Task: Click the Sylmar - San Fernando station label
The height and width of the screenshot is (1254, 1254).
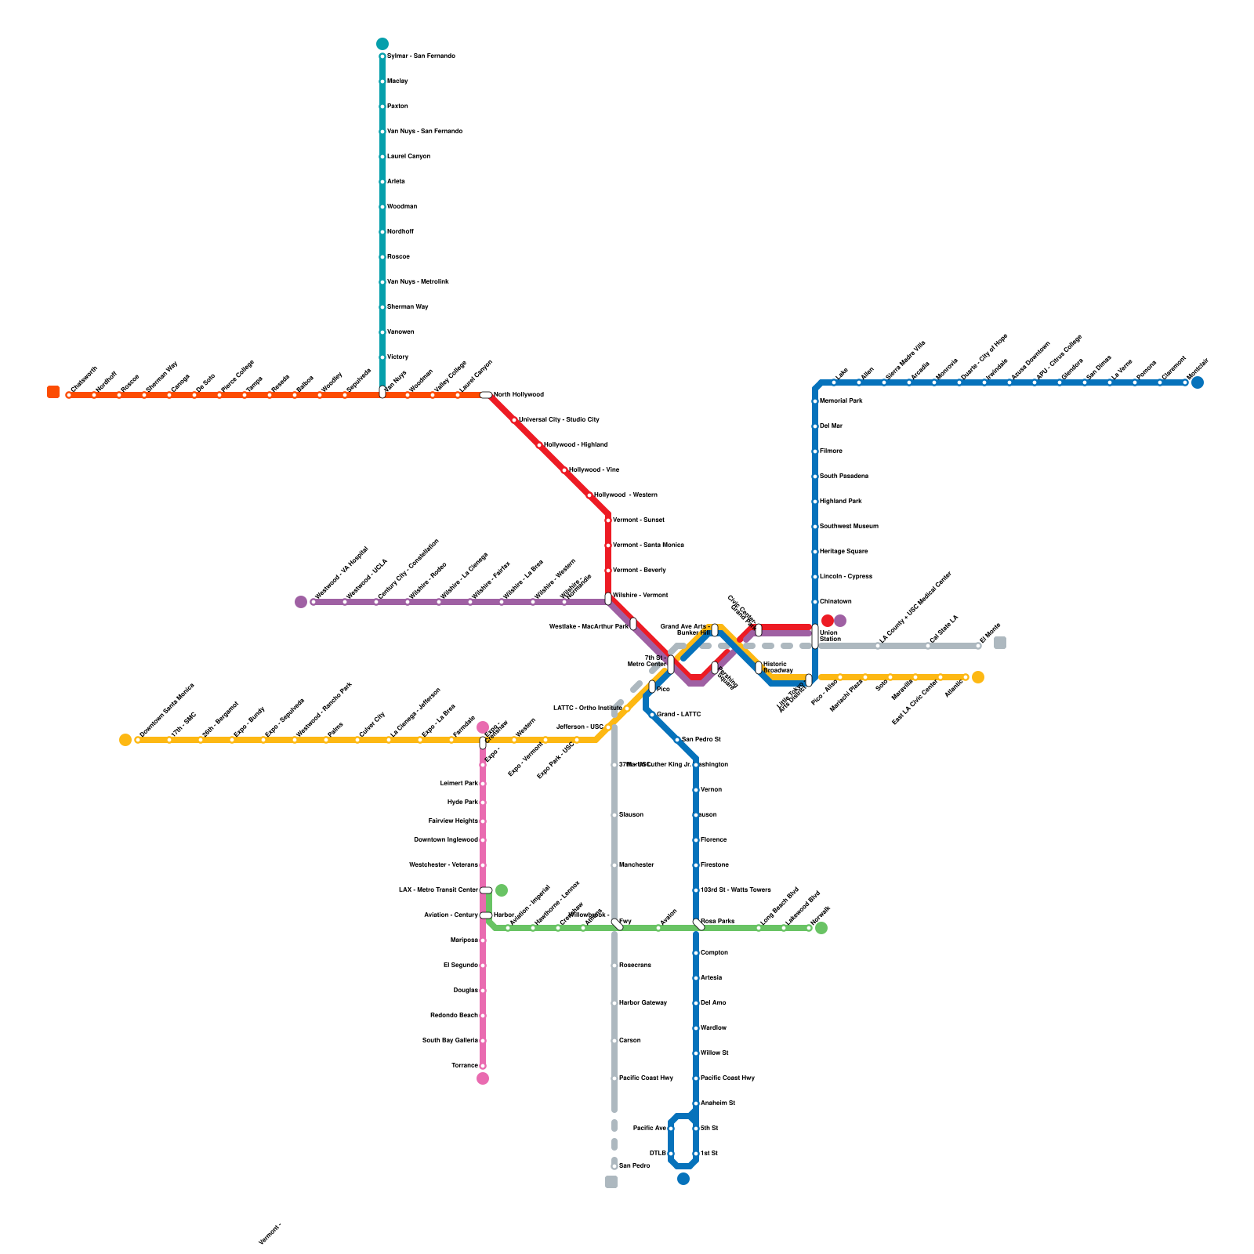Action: pyautogui.click(x=421, y=56)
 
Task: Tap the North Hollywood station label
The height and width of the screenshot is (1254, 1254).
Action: pyautogui.click(x=518, y=395)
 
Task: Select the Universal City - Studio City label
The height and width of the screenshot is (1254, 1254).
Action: pyautogui.click(x=559, y=420)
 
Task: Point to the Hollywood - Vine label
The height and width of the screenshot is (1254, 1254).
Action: pyautogui.click(x=593, y=470)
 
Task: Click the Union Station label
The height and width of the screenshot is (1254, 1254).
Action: pyautogui.click(x=829, y=636)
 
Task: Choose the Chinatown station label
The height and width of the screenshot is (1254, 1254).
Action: pyautogui.click(x=835, y=602)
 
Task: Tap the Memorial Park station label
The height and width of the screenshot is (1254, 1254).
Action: pyautogui.click(x=841, y=401)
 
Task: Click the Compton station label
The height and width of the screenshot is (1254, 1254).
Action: pyautogui.click(x=714, y=953)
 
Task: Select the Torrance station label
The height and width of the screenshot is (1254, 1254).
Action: pyautogui.click(x=465, y=1066)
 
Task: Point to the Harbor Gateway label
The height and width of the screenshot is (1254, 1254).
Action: pyautogui.click(x=643, y=1003)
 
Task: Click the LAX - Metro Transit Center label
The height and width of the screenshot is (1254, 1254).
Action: pyautogui.click(x=438, y=890)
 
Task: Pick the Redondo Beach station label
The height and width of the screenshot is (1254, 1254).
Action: pyautogui.click(x=454, y=1016)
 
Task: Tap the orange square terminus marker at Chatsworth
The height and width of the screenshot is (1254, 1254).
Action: pyautogui.click(x=53, y=392)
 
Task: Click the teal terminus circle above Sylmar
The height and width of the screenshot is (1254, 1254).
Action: pyautogui.click(x=382, y=44)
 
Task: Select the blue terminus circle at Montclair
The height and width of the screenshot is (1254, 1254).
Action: pyautogui.click(x=1198, y=382)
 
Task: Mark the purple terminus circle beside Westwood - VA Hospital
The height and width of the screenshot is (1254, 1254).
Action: pyautogui.click(x=301, y=602)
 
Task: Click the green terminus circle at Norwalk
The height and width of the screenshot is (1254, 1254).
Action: pyautogui.click(x=821, y=929)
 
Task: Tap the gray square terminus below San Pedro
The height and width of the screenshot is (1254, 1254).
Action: pyautogui.click(x=611, y=1182)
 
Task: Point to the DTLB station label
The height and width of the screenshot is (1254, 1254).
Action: pyautogui.click(x=658, y=1154)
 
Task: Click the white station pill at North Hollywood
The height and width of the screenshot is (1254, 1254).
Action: pyautogui.click(x=486, y=395)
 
